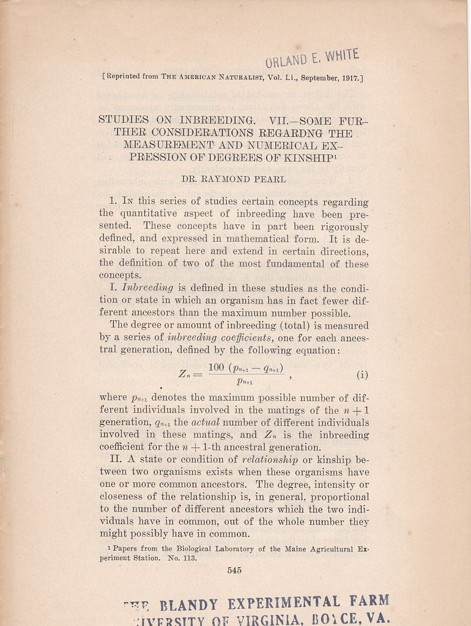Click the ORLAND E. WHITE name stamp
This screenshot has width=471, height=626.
pos(312,59)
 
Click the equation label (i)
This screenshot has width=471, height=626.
pos(362,374)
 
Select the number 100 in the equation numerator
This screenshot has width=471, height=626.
pos(217,367)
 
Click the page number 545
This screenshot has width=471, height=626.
pos(234,570)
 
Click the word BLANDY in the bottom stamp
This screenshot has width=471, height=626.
pos(189,605)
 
